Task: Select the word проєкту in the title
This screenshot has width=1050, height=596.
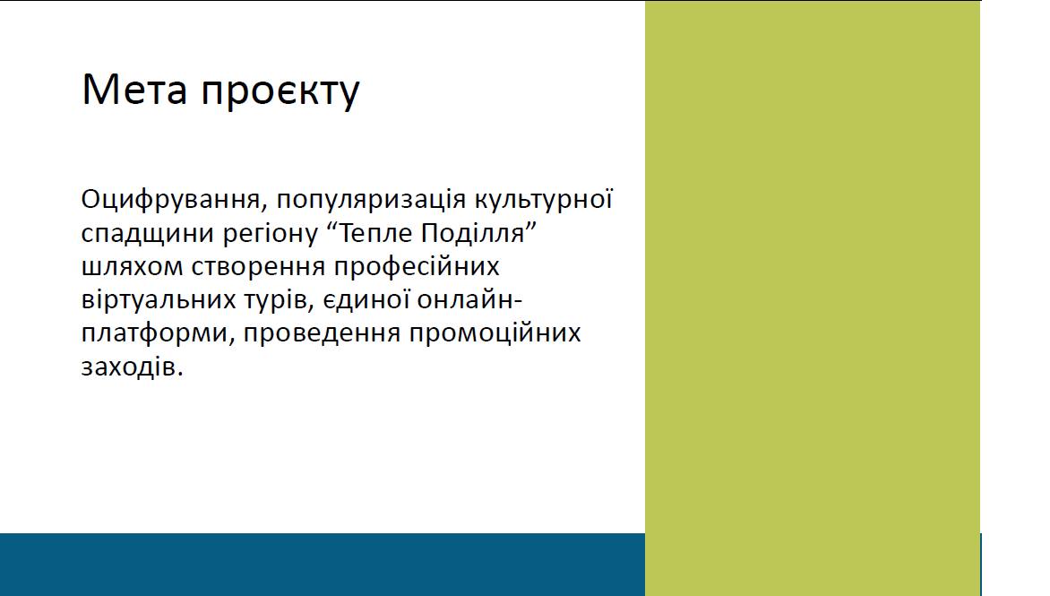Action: (x=280, y=93)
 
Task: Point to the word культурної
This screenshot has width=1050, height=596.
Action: (x=544, y=200)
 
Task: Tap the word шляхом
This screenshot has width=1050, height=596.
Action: (x=132, y=266)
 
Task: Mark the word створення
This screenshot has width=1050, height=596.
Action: (x=259, y=266)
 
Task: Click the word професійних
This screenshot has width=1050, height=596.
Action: (x=417, y=266)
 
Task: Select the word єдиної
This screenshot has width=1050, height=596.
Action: (x=366, y=298)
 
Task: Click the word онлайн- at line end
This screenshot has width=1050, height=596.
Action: (x=469, y=298)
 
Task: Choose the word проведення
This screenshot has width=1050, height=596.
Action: (x=322, y=333)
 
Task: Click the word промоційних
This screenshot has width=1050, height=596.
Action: (x=495, y=333)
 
